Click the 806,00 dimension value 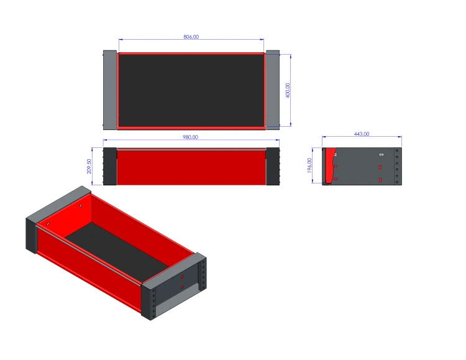tap(191, 37)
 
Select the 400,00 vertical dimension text tap(288, 90)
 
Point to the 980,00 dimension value tap(190, 137)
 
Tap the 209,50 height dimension tap(89, 166)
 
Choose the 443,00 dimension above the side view tap(362, 134)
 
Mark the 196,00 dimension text tap(309, 165)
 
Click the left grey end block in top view tap(110, 90)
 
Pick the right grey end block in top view tap(273, 90)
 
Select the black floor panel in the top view tap(191, 91)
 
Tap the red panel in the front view tap(191, 167)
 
